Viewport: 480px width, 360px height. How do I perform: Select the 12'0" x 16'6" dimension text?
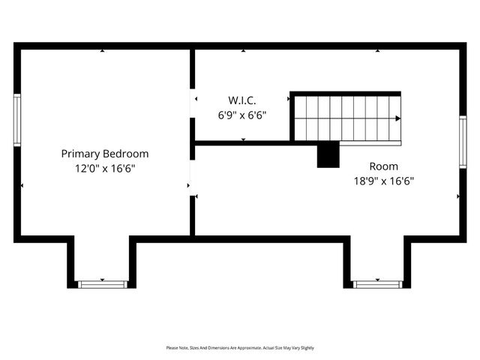[104, 169]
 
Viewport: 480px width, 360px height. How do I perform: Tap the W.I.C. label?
[242, 100]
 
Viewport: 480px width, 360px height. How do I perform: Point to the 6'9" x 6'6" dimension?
[242, 115]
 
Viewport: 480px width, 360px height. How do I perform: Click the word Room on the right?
[383, 166]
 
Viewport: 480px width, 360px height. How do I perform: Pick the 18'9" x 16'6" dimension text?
[383, 181]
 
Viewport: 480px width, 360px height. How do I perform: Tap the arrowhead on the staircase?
[397, 118]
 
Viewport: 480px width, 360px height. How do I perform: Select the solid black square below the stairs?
[328, 155]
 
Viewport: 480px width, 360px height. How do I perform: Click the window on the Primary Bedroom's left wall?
[16, 120]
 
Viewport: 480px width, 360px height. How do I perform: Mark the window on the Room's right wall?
[463, 142]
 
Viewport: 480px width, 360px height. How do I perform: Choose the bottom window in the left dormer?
[103, 284]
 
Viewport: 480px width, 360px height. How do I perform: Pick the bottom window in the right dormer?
[377, 284]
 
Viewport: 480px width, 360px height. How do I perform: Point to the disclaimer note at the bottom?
[240, 348]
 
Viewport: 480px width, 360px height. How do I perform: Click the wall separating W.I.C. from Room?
[241, 142]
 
